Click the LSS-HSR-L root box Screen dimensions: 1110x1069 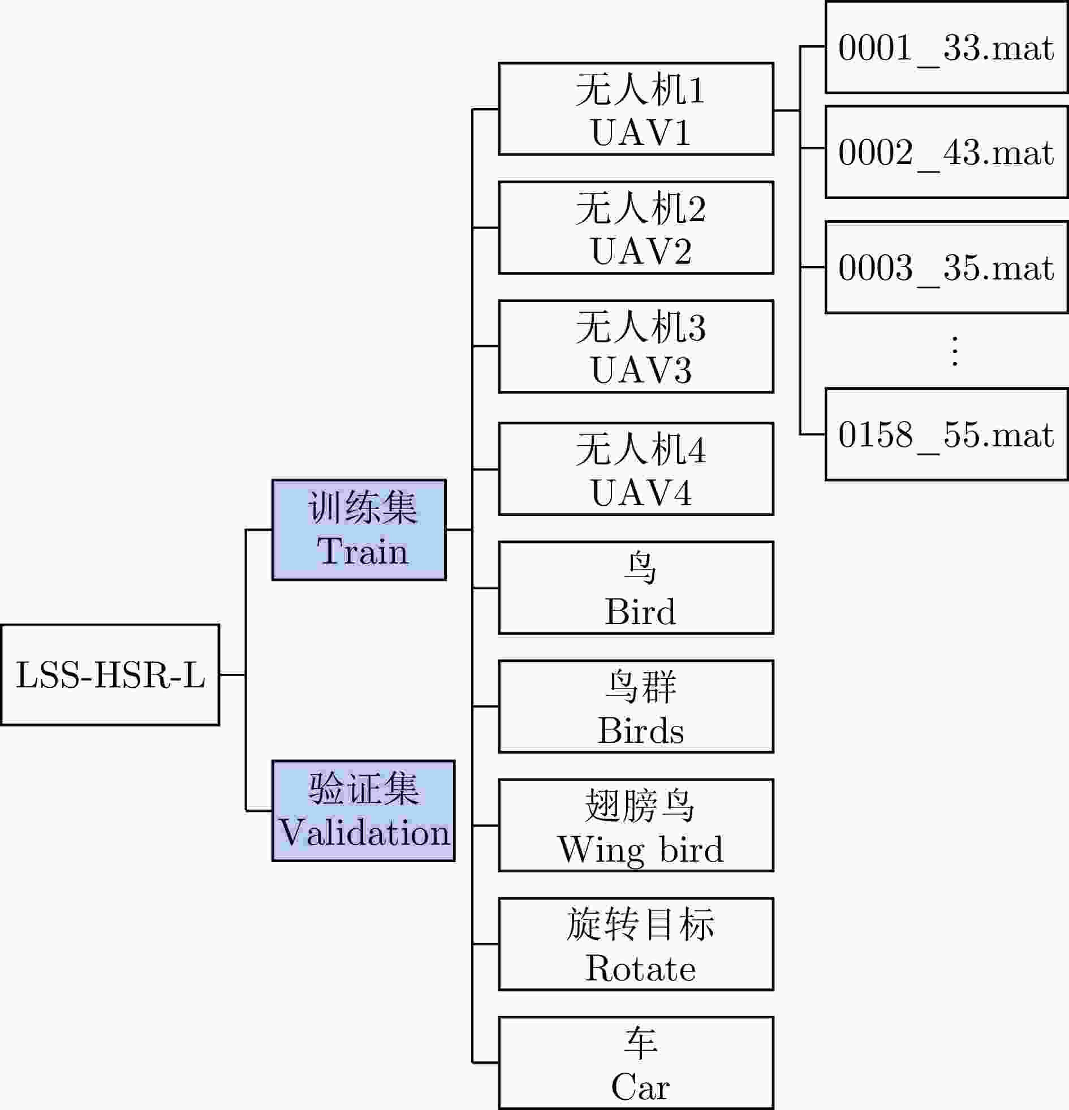pyautogui.click(x=110, y=674)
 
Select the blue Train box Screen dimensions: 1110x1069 pyautogui.click(x=359, y=530)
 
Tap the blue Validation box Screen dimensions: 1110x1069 pyautogui.click(x=364, y=810)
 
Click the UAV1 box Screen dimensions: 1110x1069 pyautogui.click(x=636, y=109)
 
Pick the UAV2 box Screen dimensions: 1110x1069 pyautogui.click(x=636, y=227)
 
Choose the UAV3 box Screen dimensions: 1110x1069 pyautogui.click(x=636, y=346)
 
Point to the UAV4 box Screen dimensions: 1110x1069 pyautogui.click(x=636, y=469)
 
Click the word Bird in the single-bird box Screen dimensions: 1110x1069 pyautogui.click(x=640, y=612)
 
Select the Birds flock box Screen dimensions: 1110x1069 pyautogui.click(x=636, y=706)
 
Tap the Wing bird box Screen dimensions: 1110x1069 pyautogui.click(x=636, y=825)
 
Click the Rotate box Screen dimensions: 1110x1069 pyautogui.click(x=636, y=944)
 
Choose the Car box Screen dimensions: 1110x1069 pyautogui.click(x=636, y=1062)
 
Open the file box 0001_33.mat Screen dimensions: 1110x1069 pyautogui.click(x=946, y=47)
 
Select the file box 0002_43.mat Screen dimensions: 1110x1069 pyautogui.click(x=946, y=152)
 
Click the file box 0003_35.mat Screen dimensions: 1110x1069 pyautogui.click(x=946, y=266)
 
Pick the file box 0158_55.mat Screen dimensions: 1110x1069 pyautogui.click(x=946, y=434)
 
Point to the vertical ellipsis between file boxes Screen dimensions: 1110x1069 pyautogui.click(x=955, y=351)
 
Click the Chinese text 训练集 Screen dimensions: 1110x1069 pyautogui.click(x=363, y=507)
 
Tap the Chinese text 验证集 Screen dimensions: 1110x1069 pyautogui.click(x=364, y=788)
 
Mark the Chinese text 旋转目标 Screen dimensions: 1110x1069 pyautogui.click(x=640, y=924)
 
